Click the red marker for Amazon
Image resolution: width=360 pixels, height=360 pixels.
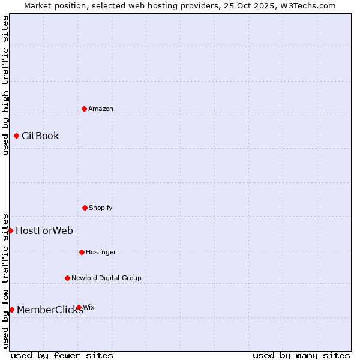[84, 109]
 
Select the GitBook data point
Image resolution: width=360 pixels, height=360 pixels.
[16, 136]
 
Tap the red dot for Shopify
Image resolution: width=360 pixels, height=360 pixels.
[85, 208]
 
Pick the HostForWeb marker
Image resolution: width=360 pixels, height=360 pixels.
[10, 230]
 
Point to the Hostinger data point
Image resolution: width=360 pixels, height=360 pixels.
[82, 252]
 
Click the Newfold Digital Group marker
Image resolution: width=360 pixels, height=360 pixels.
[67, 278]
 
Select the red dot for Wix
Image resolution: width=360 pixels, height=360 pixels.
[79, 307]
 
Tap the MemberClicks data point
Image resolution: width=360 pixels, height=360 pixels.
[11, 310]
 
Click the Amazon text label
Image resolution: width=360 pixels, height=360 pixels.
[101, 109]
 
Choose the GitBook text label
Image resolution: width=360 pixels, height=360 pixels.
[40, 136]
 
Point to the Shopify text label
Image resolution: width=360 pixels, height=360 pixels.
[101, 208]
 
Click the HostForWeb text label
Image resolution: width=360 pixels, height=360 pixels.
[44, 230]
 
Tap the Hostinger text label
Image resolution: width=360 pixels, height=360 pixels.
[101, 252]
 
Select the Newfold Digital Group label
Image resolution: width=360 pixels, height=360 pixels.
[107, 278]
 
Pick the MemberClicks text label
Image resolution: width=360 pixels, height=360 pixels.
[50, 310]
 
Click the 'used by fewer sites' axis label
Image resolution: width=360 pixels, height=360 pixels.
[62, 355]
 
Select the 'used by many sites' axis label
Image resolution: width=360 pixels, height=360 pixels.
[301, 355]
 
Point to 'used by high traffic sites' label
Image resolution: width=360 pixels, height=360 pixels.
[5, 85]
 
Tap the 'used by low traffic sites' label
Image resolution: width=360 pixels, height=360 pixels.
[5, 281]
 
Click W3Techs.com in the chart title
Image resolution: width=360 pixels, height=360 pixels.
[307, 5]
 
